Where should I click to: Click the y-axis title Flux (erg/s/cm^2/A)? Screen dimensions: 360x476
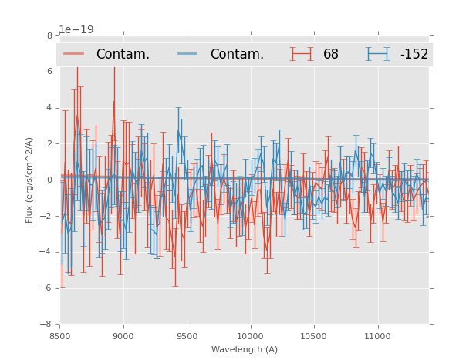pyautogui.click(x=29, y=180)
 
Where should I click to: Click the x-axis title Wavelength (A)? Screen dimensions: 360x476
pyautogui.click(x=245, y=349)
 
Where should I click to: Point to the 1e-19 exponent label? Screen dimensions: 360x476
pyautogui.click(x=76, y=30)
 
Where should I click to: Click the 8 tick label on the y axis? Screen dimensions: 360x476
pyautogui.click(x=49, y=35)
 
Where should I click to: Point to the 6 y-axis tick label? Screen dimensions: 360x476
pyautogui.click(x=49, y=72)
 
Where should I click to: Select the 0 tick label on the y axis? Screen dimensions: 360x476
pyautogui.click(x=49, y=180)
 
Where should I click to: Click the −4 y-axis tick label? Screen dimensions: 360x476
pyautogui.click(x=47, y=252)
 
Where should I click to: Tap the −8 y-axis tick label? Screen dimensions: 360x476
pyautogui.click(x=47, y=324)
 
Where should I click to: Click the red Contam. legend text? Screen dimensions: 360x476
pyautogui.click(x=123, y=55)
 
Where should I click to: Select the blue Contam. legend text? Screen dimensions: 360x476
pyautogui.click(x=237, y=55)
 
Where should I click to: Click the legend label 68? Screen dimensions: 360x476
pyautogui.click(x=331, y=55)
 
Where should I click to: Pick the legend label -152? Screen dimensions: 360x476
pyautogui.click(x=414, y=55)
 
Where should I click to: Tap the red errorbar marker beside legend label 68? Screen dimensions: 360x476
pyautogui.click(x=301, y=54)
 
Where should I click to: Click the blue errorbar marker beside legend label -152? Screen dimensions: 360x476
pyautogui.click(x=377, y=54)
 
